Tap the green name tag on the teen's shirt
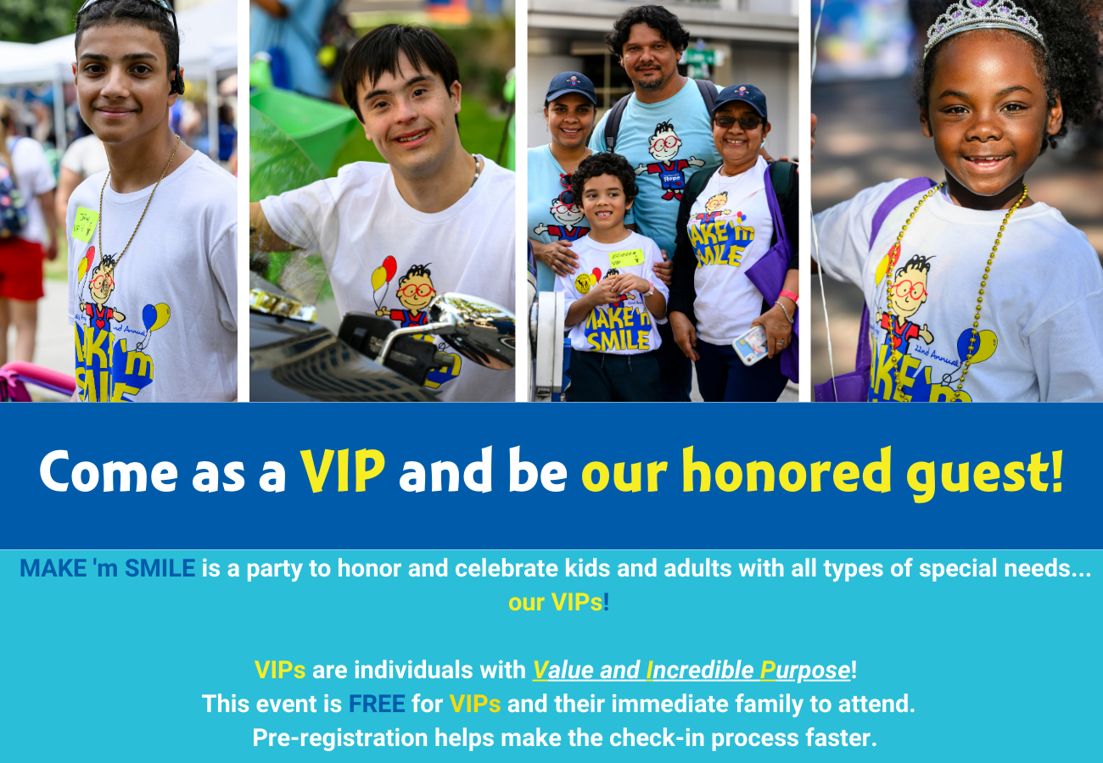click(x=84, y=225)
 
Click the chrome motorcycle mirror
click(x=470, y=330)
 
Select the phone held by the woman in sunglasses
click(x=749, y=345)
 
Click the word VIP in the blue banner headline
click(x=343, y=471)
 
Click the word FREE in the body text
click(x=377, y=704)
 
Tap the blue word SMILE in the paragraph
click(x=160, y=568)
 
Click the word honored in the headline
click(x=787, y=471)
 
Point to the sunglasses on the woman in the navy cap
click(x=737, y=122)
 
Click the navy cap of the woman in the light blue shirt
click(x=571, y=87)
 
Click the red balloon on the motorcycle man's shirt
click(x=389, y=268)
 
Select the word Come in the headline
click(x=109, y=471)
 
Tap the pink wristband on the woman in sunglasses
click(x=788, y=295)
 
